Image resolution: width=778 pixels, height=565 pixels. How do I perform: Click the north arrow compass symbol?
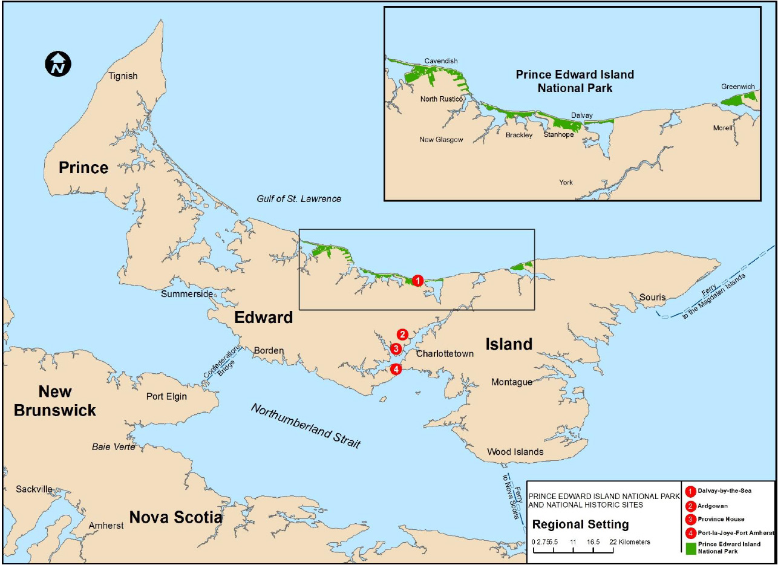(58, 64)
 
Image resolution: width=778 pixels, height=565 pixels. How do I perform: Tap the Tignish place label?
(123, 76)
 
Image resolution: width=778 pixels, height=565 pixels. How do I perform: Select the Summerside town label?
(187, 294)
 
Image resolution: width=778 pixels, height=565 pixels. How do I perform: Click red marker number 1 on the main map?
(417, 280)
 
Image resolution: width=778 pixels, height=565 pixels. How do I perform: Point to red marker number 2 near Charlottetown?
(402, 334)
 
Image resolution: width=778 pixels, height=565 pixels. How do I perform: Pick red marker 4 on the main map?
(396, 369)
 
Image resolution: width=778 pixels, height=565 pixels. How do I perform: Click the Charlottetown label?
(445, 354)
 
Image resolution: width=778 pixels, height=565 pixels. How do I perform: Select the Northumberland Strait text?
(306, 426)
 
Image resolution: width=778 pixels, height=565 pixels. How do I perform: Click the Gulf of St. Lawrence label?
(299, 198)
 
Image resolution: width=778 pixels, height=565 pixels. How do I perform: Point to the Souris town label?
(653, 297)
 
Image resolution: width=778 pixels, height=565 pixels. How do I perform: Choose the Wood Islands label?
(515, 452)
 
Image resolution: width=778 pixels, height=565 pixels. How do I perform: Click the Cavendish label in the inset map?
(440, 61)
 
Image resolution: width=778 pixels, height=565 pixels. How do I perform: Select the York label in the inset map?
(566, 182)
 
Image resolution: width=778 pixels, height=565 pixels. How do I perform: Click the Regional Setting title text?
(580, 524)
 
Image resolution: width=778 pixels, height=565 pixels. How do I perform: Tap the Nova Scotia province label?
(175, 518)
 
